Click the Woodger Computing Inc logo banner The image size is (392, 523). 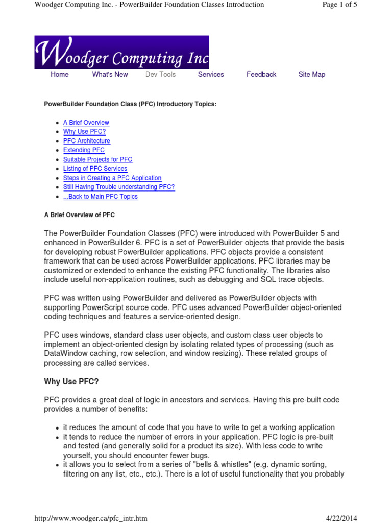[x=121, y=53]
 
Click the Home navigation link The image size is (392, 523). [x=60, y=75]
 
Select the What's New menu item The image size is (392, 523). [x=110, y=75]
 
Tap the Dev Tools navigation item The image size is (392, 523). [x=160, y=75]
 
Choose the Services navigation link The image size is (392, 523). [x=211, y=75]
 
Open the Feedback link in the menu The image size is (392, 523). [x=261, y=75]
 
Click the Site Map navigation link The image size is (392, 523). [x=311, y=75]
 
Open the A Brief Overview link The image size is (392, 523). [x=86, y=123]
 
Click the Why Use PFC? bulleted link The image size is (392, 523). [x=84, y=132]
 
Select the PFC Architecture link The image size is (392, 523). [x=86, y=141]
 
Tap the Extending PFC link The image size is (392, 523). [x=84, y=150]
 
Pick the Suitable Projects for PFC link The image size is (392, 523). [x=97, y=159]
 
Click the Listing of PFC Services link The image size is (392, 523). [x=95, y=169]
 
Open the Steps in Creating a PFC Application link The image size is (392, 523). [x=112, y=178]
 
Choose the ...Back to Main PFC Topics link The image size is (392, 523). [x=101, y=197]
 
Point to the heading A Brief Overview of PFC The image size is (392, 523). [x=80, y=215]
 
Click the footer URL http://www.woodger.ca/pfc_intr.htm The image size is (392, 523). [x=91, y=518]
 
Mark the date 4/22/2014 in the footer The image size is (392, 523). [x=341, y=518]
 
